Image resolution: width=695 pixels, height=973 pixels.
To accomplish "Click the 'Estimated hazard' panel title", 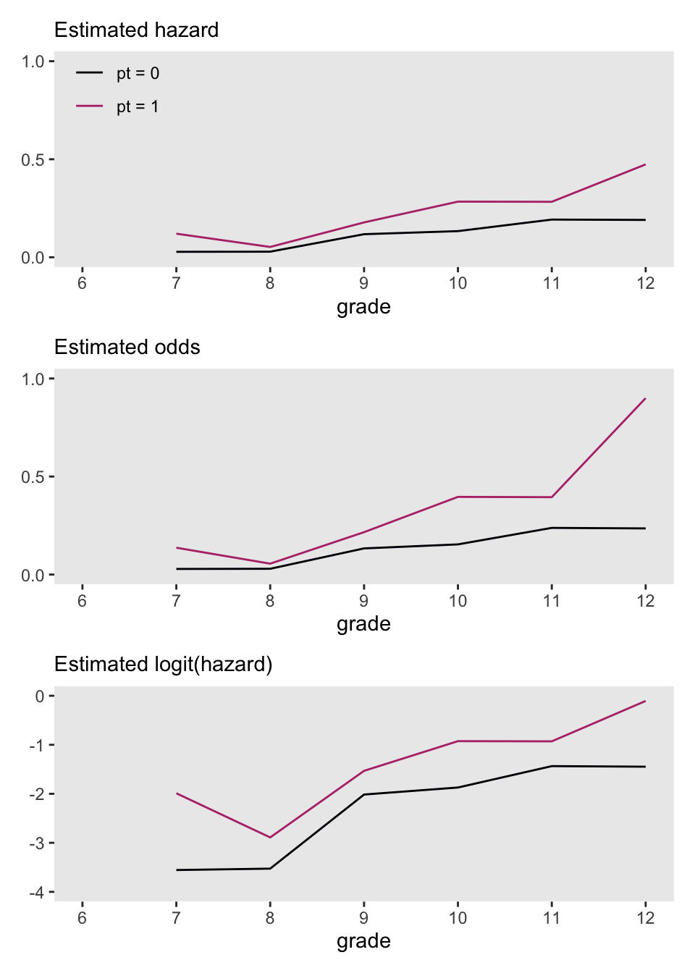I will [136, 30].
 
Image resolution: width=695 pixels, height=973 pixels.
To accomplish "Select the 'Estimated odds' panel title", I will [127, 347].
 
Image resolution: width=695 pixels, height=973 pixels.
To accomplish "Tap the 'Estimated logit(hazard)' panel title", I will [163, 665].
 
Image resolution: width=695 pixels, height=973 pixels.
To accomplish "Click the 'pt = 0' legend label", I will [138, 73].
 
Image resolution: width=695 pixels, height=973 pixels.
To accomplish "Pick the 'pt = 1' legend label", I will [138, 106].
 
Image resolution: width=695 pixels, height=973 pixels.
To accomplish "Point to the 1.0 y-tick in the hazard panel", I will [33, 62].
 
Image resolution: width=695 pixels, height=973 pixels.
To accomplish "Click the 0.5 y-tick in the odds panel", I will [33, 477].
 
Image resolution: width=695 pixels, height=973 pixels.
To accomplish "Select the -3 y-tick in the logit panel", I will [36, 843].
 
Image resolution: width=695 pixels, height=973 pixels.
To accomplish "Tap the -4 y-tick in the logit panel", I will [36, 893].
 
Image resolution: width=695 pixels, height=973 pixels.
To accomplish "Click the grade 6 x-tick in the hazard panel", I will [82, 283].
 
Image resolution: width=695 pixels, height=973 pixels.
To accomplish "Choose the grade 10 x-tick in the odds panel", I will [458, 601].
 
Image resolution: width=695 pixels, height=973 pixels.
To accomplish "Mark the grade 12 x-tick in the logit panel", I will [645, 918].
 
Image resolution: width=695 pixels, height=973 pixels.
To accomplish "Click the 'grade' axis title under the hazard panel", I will [363, 307].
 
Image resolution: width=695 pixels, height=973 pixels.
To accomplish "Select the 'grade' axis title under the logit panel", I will [363, 941].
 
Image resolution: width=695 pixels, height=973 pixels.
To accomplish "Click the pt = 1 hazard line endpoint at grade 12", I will [645, 165].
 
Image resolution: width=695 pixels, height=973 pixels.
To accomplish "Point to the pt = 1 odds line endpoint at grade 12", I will [645, 398].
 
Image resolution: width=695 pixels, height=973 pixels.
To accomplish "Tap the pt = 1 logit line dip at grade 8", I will [270, 838].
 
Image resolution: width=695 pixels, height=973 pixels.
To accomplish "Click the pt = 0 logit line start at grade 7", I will [177, 870].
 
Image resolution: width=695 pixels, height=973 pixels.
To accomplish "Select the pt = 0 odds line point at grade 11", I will [552, 528].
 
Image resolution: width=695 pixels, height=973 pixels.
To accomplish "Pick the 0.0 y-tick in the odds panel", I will [33, 576].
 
